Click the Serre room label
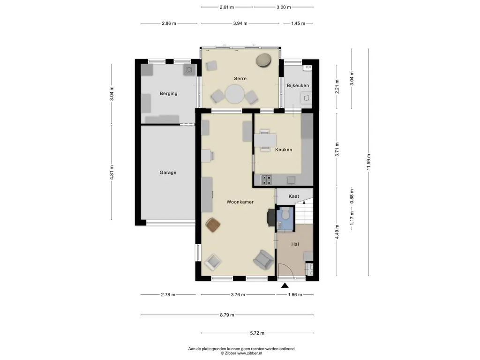tap(240, 79)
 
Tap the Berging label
tap(168, 94)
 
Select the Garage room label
tap(168, 172)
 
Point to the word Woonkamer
tap(240, 202)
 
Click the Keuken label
tap(284, 150)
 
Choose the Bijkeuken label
tap(298, 86)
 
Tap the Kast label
tap(293, 196)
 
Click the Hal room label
tap(295, 244)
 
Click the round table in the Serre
tap(234, 94)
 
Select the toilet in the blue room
tap(285, 213)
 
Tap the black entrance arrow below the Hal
tap(285, 285)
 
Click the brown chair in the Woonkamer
tap(213, 225)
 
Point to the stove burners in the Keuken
tap(266, 180)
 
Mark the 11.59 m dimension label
tap(368, 162)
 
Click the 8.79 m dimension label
tap(227, 315)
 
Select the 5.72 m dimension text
tap(257, 333)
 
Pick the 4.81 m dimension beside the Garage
tap(112, 172)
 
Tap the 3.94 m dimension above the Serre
tap(240, 23)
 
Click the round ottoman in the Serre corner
tap(263, 60)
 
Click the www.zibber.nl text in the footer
tap(249, 353)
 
